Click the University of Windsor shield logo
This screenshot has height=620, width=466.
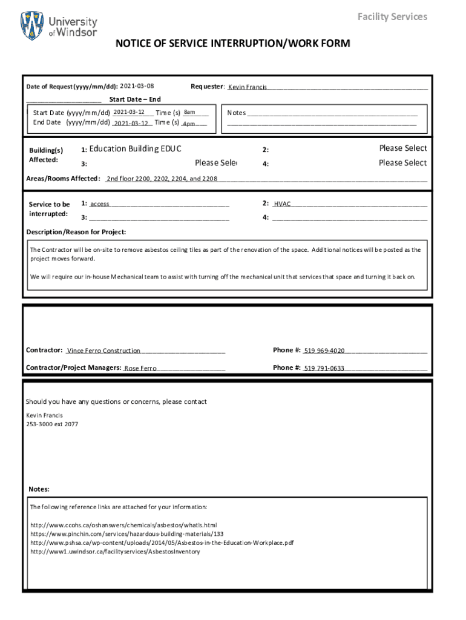pos(32,25)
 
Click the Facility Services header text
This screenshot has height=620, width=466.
pos(392,16)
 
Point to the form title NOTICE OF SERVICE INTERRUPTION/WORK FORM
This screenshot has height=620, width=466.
pos(232,44)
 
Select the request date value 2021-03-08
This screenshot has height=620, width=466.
pos(137,86)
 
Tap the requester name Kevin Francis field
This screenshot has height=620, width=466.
pos(248,87)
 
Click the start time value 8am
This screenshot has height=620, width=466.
pos(189,112)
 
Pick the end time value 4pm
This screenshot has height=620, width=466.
pos(189,124)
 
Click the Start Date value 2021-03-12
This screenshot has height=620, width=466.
pos(128,112)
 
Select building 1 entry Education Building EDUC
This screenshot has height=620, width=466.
pos(135,149)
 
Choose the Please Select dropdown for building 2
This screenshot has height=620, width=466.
pos(402,148)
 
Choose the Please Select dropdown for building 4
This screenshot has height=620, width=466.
pos(402,163)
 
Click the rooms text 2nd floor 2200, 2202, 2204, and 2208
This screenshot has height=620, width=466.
pos(162,179)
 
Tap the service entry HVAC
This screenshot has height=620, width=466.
pos(282,204)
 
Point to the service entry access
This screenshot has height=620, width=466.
pos(100,204)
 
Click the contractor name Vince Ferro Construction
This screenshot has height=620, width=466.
pos(103,351)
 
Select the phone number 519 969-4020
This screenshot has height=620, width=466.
pos(324,351)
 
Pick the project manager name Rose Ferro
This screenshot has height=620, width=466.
pos(140,368)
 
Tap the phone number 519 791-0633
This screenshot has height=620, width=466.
pos(324,368)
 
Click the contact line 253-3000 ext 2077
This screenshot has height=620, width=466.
pos(52,424)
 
